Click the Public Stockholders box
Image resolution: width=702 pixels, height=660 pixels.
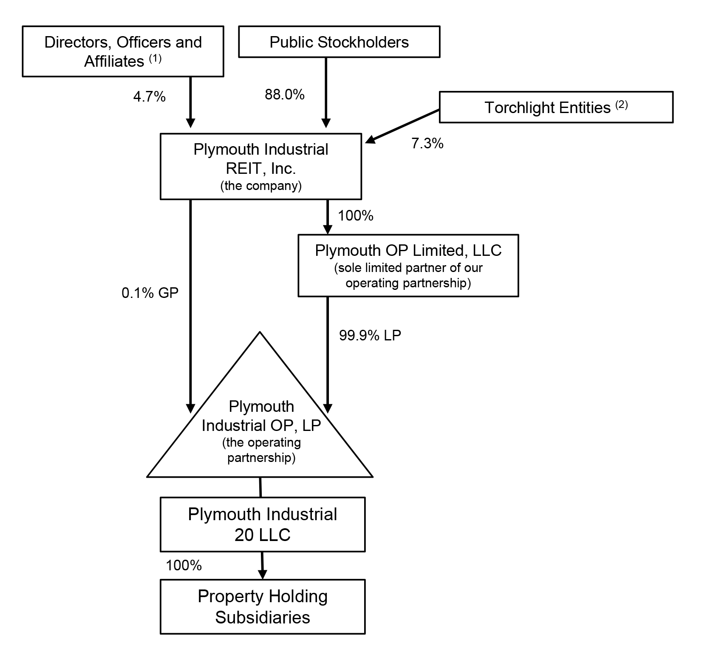339,42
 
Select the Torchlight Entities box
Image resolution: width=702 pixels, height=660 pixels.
556,107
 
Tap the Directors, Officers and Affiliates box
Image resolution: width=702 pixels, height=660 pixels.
123,51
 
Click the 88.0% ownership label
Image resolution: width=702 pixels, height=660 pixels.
285,95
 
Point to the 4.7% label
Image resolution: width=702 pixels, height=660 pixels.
149,97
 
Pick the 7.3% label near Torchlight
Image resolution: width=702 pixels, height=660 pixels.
427,144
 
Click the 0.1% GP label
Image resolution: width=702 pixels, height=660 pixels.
150,293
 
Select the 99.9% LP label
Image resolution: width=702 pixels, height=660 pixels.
370,336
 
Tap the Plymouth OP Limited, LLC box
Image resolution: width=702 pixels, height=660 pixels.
408,265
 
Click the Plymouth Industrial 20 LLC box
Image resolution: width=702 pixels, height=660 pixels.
262,524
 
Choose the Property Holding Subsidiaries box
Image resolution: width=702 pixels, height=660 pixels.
262,607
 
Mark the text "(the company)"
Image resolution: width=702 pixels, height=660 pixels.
260,186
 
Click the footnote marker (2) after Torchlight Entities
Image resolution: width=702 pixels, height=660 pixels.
621,105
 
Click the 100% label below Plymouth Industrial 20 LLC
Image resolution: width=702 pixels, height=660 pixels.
184,565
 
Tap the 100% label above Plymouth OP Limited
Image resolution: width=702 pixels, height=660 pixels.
355,216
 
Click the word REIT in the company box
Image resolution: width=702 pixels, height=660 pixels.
242,169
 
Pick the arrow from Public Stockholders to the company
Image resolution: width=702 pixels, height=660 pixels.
326,91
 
